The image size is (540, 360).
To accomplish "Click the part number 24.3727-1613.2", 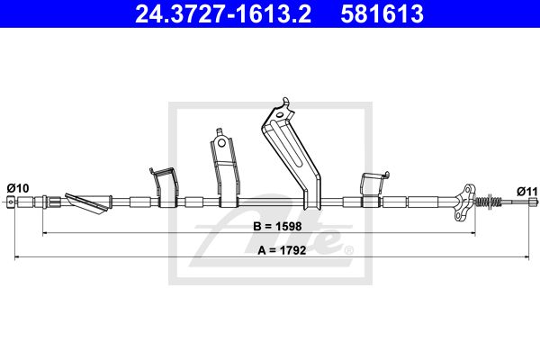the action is click(x=223, y=13).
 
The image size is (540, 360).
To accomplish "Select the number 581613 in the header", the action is click(x=382, y=13).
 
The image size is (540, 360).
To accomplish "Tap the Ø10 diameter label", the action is click(x=18, y=188).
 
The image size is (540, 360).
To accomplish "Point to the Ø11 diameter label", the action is click(x=526, y=191).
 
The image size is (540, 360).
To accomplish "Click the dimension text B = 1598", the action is click(x=277, y=226).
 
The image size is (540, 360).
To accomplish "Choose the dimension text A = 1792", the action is click(x=282, y=250).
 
